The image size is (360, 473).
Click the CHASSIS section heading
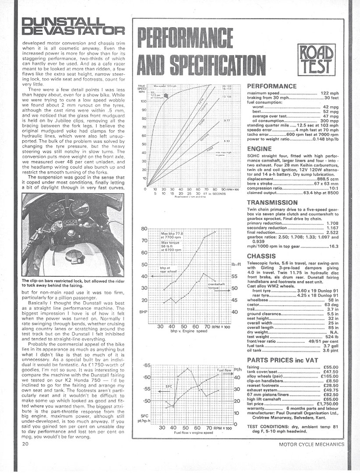tap(261, 255)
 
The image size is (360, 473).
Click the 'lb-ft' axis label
tap(236, 264)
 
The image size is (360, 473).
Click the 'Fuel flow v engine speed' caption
tap(187, 432)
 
